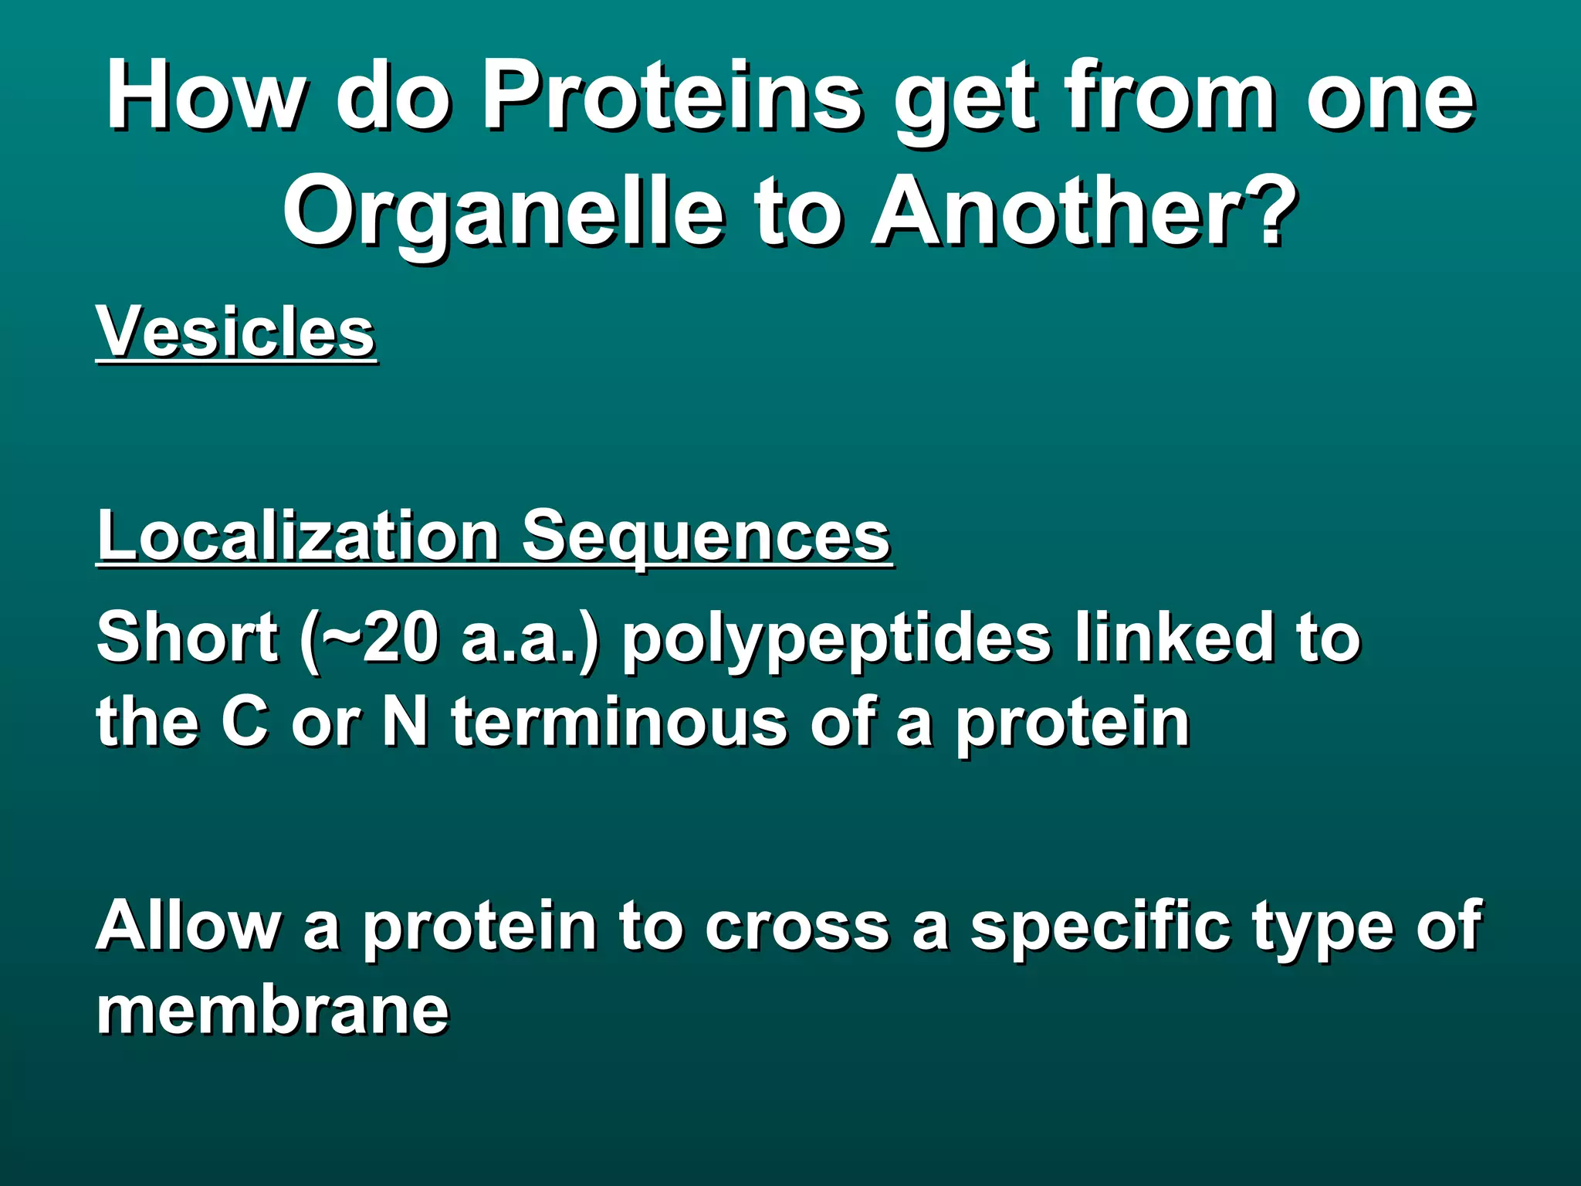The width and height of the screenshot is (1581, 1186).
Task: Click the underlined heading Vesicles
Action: point(235,332)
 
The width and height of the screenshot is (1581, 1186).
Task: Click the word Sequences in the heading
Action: point(706,536)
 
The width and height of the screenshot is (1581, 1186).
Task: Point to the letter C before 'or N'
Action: point(245,723)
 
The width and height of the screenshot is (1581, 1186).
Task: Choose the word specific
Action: point(1099,927)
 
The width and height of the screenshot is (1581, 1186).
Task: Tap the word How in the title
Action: point(205,97)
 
